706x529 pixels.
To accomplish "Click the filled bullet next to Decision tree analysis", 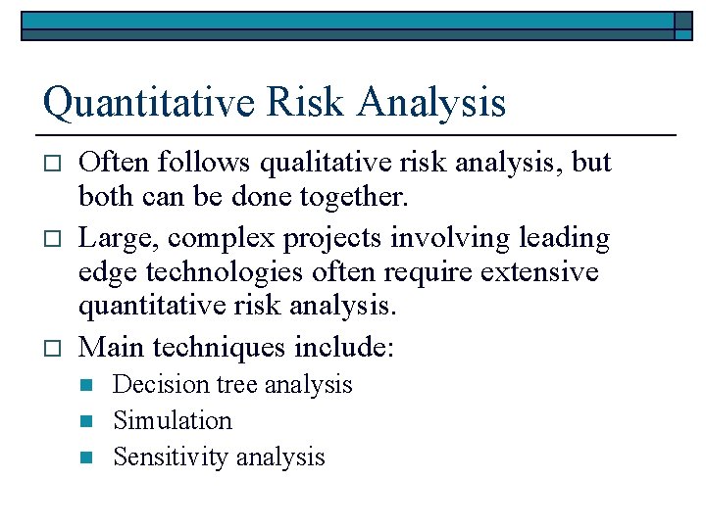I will click(85, 385).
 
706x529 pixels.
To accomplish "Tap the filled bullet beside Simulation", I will click(85, 421).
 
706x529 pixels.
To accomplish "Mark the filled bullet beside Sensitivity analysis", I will click(85, 457).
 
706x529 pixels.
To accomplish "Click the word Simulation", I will click(173, 421).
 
